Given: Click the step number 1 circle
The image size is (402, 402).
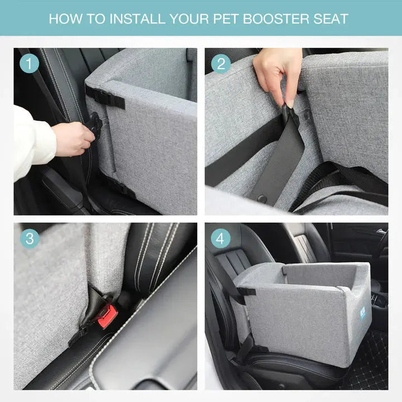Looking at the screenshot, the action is pyautogui.click(x=30, y=63).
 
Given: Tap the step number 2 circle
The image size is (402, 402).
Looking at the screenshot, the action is pyautogui.click(x=221, y=64).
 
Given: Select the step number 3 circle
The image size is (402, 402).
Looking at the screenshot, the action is pyautogui.click(x=30, y=239).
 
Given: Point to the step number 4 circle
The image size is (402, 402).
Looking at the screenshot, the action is pyautogui.click(x=221, y=239).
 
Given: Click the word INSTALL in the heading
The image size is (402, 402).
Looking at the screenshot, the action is pyautogui.click(x=137, y=19).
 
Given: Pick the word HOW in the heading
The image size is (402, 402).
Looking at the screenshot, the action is pyautogui.click(x=66, y=19).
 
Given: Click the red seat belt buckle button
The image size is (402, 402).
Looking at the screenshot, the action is pyautogui.click(x=108, y=316).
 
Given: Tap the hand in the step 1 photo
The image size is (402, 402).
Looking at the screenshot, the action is pyautogui.click(x=73, y=138).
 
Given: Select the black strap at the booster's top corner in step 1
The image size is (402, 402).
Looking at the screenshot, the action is pyautogui.click(x=104, y=97).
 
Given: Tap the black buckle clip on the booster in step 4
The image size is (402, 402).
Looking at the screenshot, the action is pyautogui.click(x=247, y=291).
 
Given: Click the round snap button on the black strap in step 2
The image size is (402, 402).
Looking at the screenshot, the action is pyautogui.click(x=262, y=199).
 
